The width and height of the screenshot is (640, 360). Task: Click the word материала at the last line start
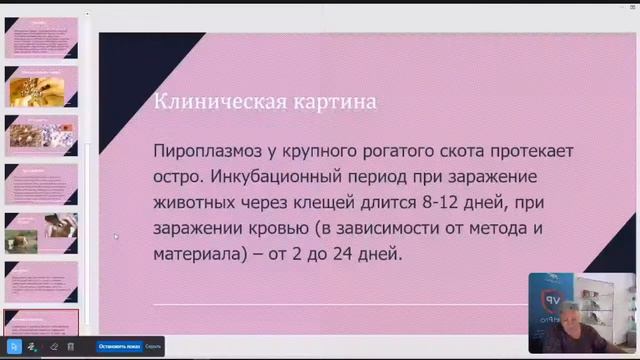pyautogui.click(x=198, y=254)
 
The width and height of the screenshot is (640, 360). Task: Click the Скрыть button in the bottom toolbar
pyautogui.click(x=153, y=346)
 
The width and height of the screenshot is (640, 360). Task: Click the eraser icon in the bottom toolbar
pyautogui.click(x=54, y=346)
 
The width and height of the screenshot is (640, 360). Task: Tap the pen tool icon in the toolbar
pyautogui.click(x=32, y=346)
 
